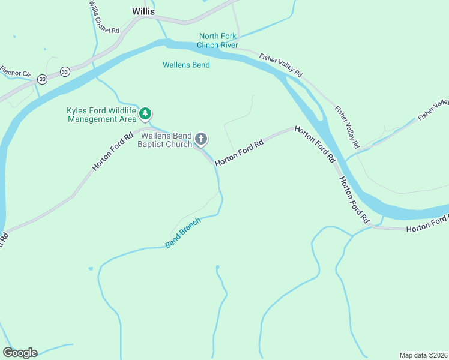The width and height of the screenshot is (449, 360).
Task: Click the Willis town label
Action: pos(143,11)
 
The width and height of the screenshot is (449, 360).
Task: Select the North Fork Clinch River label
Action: pos(217,41)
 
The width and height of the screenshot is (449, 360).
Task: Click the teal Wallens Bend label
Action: pos(186,65)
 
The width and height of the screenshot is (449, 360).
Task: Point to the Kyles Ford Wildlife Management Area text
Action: pos(101,115)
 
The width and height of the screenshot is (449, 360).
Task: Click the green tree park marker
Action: pos(145,113)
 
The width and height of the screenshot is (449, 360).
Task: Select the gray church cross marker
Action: pos(201,140)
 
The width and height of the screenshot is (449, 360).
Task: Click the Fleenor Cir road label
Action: pos(14,71)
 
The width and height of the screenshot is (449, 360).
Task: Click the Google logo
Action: pos(20,353)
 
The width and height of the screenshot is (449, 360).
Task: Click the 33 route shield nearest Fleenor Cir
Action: pos(41,79)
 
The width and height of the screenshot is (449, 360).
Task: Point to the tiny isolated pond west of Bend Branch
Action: pos(90,268)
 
